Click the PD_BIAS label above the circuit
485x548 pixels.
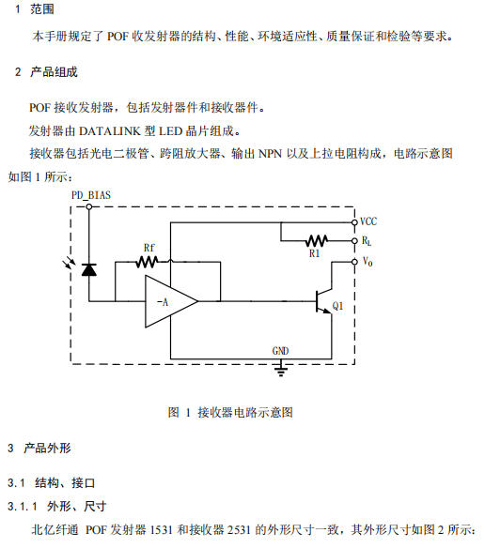[91, 195]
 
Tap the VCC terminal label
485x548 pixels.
[368, 221]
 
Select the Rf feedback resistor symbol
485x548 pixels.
[147, 262]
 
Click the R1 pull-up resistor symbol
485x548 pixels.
[317, 241]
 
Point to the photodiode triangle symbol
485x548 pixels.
[89, 270]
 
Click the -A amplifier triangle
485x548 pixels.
[171, 301]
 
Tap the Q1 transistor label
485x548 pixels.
[337, 306]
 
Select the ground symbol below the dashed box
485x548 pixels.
[281, 370]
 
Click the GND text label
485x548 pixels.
[280, 351]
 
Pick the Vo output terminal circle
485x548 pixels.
[354, 262]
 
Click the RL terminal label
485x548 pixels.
[367, 241]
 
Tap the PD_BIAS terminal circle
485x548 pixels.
[89, 206]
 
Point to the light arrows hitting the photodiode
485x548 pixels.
[69, 263]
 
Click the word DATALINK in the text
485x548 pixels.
[110, 131]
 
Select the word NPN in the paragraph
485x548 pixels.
[270, 154]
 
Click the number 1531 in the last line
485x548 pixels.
[161, 530]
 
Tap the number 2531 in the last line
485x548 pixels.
[239, 530]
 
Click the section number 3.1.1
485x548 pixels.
[22, 506]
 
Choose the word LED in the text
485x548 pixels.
[170, 131]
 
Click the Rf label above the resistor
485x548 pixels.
[149, 248]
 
